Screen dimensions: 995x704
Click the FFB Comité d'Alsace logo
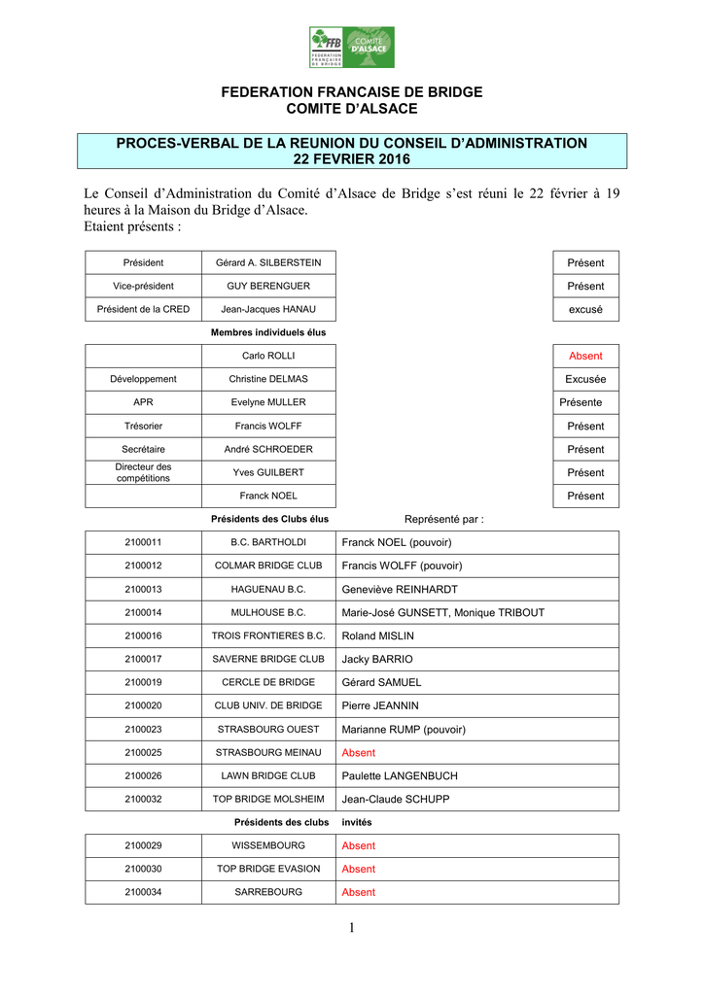(352, 47)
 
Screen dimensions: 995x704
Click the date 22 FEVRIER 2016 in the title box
(352, 159)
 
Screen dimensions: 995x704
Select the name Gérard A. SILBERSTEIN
(268, 262)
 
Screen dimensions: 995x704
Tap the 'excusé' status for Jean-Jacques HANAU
(585, 309)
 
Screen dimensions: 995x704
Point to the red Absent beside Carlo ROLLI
(585, 356)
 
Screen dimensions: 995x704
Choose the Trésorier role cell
(143, 426)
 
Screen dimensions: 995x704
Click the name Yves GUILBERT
(268, 472)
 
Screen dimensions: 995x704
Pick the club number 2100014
(143, 612)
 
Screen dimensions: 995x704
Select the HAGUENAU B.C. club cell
(268, 589)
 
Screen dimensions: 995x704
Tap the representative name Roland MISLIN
(378, 635)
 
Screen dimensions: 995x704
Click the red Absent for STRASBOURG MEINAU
(358, 752)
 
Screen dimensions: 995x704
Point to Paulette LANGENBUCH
(400, 775)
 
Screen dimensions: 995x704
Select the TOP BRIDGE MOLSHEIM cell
(268, 799)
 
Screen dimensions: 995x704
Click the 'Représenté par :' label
(443, 519)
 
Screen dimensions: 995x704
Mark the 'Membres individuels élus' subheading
(268, 332)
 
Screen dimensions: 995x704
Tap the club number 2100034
(143, 892)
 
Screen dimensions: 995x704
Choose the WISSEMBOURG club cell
(268, 845)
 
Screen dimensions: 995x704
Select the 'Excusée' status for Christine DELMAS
(585, 379)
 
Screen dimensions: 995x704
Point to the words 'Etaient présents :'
(132, 226)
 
